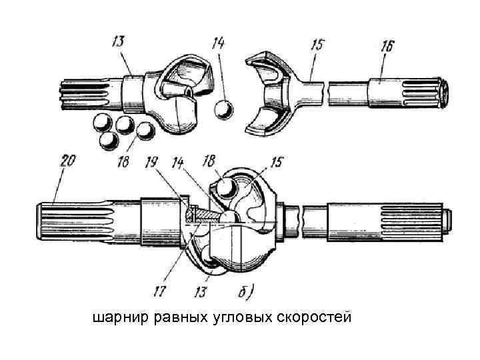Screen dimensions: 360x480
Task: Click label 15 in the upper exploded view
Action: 318,47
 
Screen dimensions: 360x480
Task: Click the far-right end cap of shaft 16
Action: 443,91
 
